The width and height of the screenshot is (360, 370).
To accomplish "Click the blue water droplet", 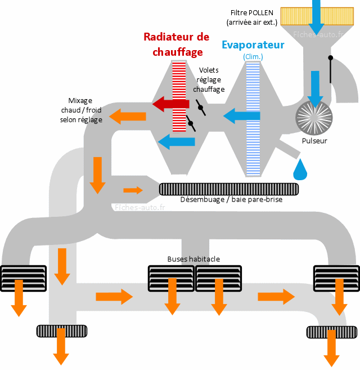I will [x=301, y=170].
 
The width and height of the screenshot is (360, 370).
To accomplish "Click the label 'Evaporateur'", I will [x=253, y=45].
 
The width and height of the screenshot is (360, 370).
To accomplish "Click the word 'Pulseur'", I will [x=314, y=141].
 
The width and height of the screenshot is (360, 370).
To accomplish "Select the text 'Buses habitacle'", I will [x=193, y=259].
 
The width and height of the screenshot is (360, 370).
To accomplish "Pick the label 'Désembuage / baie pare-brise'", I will [x=231, y=199].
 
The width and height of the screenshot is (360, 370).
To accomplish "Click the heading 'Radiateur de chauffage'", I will [x=176, y=44].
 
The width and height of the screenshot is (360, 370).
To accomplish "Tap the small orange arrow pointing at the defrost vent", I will [x=133, y=190].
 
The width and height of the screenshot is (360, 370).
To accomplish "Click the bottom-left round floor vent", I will [x=61, y=331].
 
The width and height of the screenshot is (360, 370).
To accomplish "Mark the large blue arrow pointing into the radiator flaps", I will [x=241, y=117].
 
